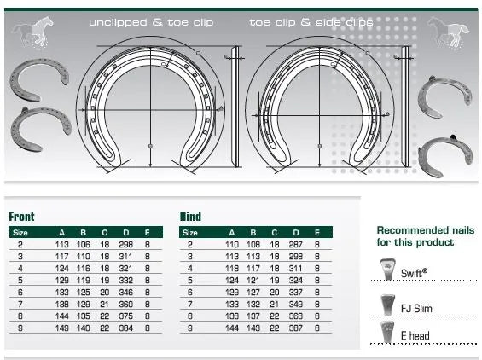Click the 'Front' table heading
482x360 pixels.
pos(22,217)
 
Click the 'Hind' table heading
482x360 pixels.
pos(190,217)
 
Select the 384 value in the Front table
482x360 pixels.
pos(125,328)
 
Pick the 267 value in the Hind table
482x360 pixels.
pos(295,244)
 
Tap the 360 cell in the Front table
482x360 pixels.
pos(125,304)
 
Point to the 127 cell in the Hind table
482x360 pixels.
pos(253,292)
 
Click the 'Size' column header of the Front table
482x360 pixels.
pos(20,232)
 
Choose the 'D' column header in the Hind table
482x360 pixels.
pos(295,232)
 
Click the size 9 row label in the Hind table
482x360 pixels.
pos(189,328)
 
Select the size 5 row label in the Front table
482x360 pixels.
pos(20,280)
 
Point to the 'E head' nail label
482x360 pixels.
pos(415,337)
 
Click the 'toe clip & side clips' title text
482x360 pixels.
pos(311,23)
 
